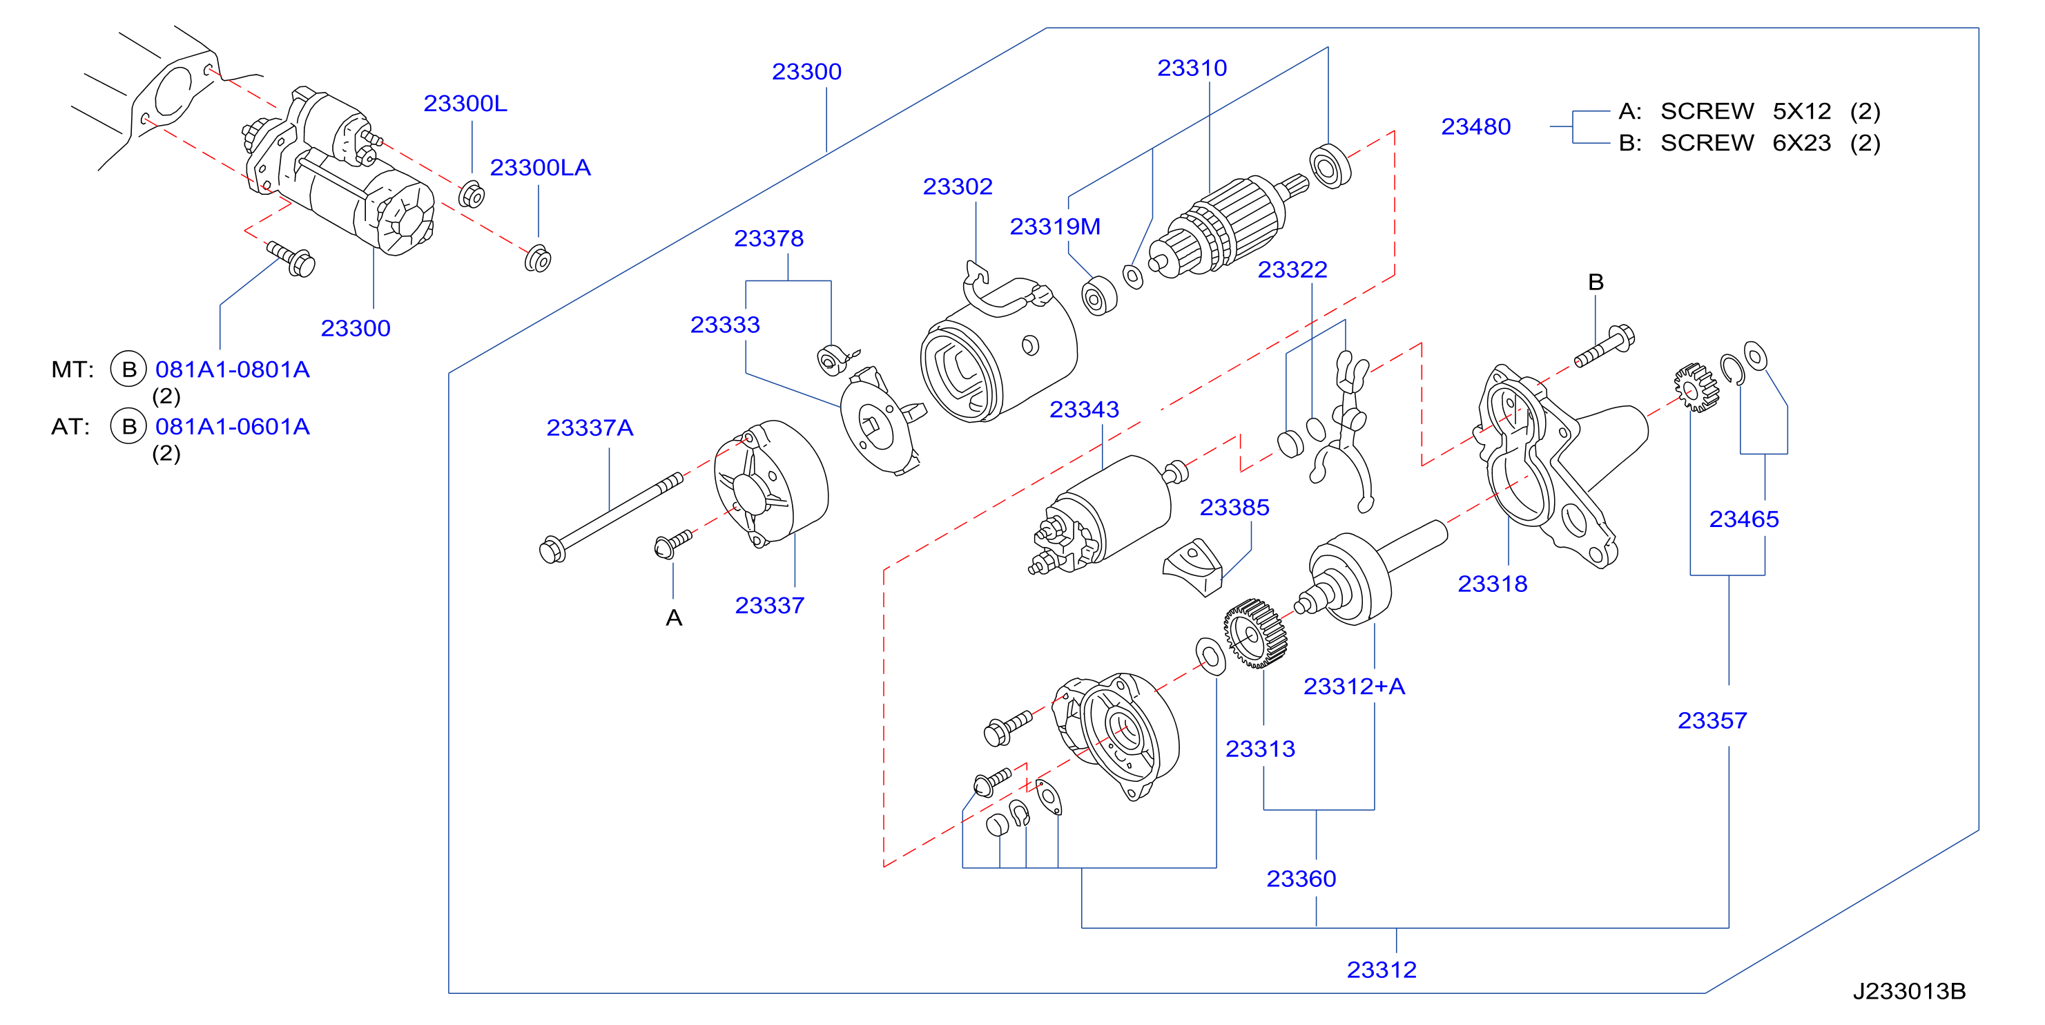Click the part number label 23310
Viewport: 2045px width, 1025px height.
tap(1192, 68)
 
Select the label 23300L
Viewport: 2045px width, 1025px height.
tap(465, 103)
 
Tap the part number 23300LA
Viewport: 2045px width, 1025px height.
tap(540, 168)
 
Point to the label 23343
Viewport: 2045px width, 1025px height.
tap(1084, 409)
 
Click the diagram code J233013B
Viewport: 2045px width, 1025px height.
tap(1909, 991)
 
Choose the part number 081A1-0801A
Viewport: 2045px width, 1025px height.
tap(232, 370)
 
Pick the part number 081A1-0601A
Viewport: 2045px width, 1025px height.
tap(232, 426)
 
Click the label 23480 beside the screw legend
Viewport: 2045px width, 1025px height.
tap(1476, 126)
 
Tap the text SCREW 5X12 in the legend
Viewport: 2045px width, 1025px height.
tap(1746, 111)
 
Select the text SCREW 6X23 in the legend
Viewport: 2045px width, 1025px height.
tap(1746, 143)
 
